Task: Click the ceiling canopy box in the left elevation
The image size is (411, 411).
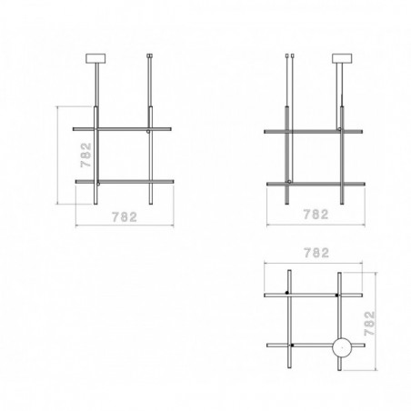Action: [x=95, y=58]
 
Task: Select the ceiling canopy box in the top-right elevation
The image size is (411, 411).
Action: [x=342, y=58]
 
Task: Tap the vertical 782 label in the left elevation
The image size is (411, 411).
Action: [x=86, y=155]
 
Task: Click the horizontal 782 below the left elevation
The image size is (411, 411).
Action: [x=125, y=217]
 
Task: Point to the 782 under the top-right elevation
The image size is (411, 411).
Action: [x=316, y=215]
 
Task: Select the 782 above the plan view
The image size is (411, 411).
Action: [x=316, y=253]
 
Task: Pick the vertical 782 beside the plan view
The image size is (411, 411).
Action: [x=369, y=324]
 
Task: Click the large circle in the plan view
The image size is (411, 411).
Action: [x=342, y=347]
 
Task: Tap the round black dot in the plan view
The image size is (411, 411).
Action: [x=286, y=293]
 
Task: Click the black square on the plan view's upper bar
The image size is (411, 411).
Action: [x=336, y=295]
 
